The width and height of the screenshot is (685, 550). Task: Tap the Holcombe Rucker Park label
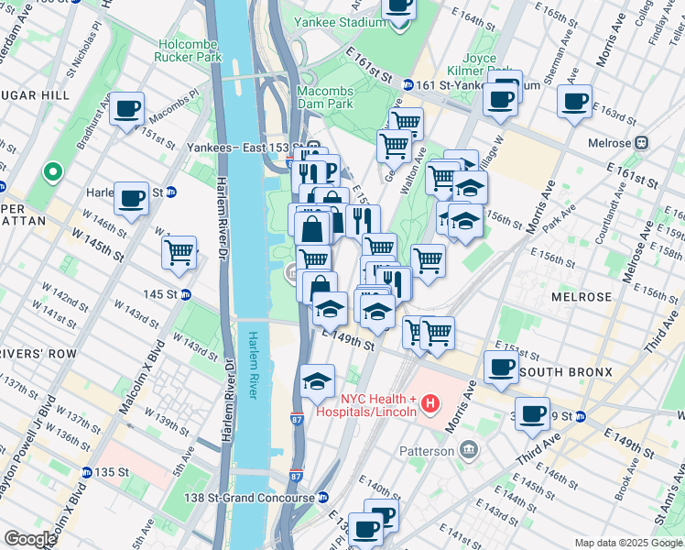[x=190, y=50]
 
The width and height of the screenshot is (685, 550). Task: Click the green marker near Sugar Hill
[x=53, y=171]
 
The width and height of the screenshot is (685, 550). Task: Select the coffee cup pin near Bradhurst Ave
[x=127, y=110]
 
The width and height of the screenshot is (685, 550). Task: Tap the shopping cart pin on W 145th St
[x=179, y=252]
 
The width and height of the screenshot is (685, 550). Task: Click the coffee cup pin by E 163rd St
[x=574, y=102]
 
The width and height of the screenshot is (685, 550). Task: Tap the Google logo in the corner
[x=30, y=539]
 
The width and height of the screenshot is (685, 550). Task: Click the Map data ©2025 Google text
[x=627, y=543]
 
